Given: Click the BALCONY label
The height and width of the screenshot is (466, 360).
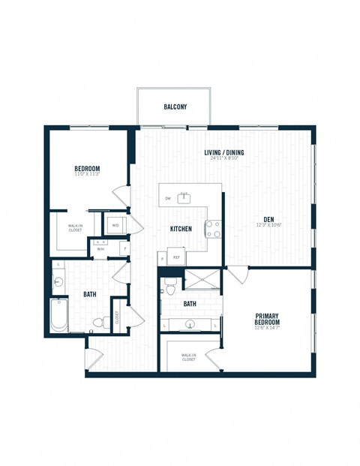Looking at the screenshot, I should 175,107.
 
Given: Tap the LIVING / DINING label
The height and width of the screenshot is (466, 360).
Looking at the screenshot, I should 225,152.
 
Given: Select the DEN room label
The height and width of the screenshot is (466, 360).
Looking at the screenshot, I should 268,219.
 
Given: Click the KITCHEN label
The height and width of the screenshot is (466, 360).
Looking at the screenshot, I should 181,229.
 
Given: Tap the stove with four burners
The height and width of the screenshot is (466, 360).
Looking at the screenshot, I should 213,228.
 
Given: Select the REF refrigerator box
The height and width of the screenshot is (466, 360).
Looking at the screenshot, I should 177,257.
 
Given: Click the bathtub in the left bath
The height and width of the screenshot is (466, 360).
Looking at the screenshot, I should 58,316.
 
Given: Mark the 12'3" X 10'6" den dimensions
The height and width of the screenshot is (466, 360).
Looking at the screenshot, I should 268,225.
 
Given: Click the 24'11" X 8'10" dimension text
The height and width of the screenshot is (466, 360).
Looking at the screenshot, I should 225,158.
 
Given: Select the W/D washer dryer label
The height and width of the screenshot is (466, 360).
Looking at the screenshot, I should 115,224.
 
